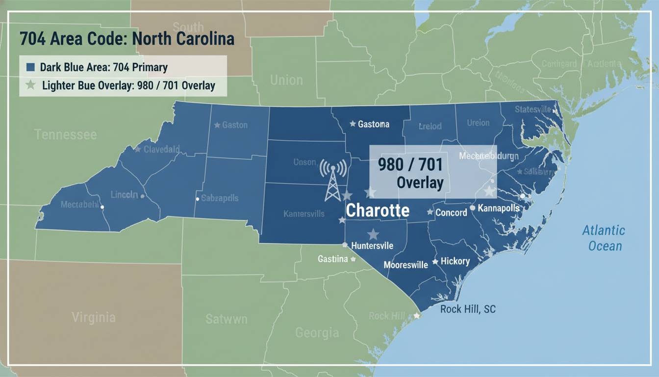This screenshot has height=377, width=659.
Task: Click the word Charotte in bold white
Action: click(378, 211)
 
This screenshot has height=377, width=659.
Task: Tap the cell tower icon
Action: click(333, 180)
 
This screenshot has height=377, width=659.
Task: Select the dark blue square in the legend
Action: click(30, 67)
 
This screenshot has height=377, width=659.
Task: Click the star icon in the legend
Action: click(30, 85)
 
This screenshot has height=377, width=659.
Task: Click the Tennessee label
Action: click(66, 135)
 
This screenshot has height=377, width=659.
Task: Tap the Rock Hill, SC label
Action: click(468, 309)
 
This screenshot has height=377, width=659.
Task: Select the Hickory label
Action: click(455, 261)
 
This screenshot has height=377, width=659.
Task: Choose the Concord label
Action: click(451, 213)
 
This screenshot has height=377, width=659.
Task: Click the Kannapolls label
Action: click(498, 208)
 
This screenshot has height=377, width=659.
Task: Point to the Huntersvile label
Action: click(372, 246)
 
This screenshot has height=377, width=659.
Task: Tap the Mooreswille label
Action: click(406, 265)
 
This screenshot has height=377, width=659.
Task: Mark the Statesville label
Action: click(533, 109)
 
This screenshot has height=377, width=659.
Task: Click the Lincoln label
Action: click(124, 194)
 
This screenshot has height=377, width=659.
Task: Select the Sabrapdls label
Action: click(220, 198)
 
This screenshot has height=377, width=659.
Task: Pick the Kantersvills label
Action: click(304, 214)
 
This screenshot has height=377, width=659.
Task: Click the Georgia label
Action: click(317, 333)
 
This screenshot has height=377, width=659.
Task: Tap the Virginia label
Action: click(94, 317)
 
